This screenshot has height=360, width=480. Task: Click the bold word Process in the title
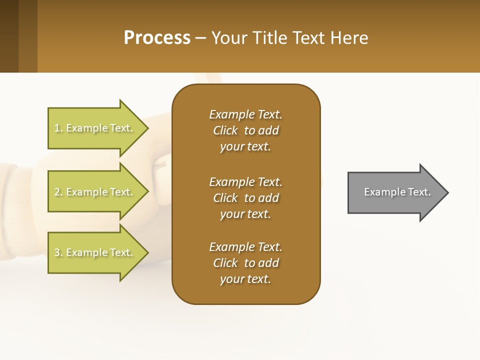(157, 38)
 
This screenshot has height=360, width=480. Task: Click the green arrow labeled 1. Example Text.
(95, 128)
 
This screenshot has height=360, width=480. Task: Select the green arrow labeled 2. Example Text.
(95, 192)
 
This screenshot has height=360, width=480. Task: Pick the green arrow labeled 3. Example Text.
(95, 252)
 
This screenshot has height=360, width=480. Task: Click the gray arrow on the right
(395, 192)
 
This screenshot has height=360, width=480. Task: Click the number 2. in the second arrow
(58, 192)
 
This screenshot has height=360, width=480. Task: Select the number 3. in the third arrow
(58, 252)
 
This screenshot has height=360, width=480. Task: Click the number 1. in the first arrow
(58, 128)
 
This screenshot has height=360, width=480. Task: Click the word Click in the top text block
(225, 130)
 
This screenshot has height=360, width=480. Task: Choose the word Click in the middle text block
(225, 198)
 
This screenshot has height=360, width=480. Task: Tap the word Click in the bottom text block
(225, 263)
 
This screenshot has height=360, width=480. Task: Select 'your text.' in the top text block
(245, 146)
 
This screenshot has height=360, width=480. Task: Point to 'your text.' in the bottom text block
(245, 279)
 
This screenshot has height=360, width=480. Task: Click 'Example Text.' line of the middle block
(245, 182)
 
